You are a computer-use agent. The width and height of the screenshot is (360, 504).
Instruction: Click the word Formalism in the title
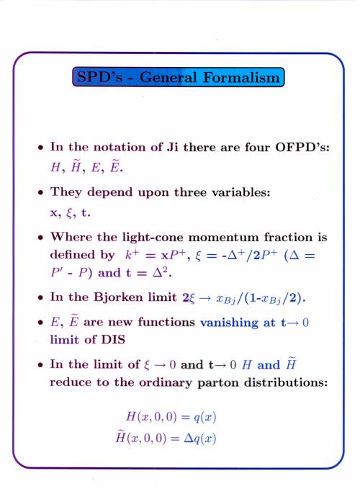click(x=242, y=78)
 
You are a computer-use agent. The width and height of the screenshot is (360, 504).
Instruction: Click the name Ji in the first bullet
click(x=172, y=147)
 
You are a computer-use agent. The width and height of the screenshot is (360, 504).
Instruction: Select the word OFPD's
click(x=302, y=147)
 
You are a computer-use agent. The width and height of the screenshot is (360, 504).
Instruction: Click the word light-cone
click(x=153, y=237)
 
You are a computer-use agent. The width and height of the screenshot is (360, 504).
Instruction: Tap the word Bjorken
click(x=118, y=297)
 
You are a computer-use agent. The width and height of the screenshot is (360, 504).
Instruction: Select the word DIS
click(x=113, y=339)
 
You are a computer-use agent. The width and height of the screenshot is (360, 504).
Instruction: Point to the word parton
click(x=217, y=383)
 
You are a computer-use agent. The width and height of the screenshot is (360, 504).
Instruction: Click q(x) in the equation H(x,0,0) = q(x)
click(x=204, y=417)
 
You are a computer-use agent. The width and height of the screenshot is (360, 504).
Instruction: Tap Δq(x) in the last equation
click(x=199, y=438)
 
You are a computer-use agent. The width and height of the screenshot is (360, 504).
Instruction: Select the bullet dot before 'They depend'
click(x=40, y=192)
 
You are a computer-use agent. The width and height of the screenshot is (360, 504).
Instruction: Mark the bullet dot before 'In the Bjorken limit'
click(x=40, y=297)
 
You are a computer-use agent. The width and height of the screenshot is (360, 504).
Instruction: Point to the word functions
click(x=166, y=322)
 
